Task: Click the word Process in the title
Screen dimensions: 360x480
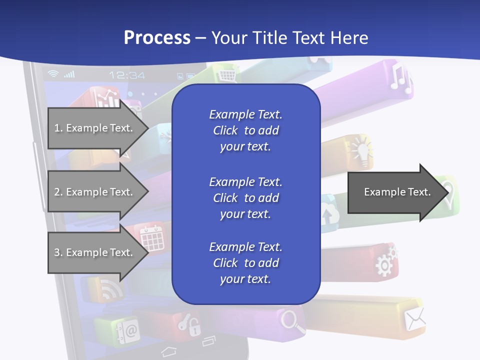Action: (157, 38)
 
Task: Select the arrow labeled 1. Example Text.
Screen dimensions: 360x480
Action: (95, 128)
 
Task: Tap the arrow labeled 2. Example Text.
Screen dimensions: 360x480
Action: (95, 192)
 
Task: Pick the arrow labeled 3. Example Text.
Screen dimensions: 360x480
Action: (95, 252)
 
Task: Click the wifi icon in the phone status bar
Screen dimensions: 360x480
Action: (52, 74)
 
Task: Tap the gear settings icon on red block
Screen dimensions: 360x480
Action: (385, 260)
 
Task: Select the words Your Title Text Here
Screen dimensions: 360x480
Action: (290, 38)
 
